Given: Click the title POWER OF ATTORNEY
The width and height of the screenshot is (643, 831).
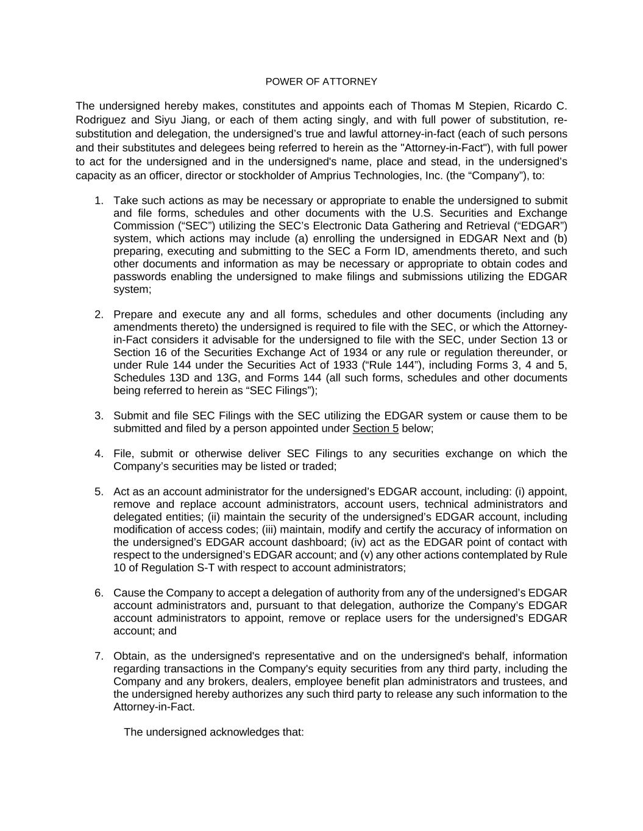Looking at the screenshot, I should tap(321, 82).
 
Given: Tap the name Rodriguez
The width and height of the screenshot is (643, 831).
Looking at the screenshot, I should tap(101, 120).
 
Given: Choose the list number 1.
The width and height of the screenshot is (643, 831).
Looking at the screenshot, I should tap(99, 201).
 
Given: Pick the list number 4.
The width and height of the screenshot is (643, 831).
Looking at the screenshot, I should tap(99, 454).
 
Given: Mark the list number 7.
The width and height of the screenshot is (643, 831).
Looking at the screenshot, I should tap(99, 656).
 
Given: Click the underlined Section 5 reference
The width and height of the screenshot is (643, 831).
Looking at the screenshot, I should tap(375, 429).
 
